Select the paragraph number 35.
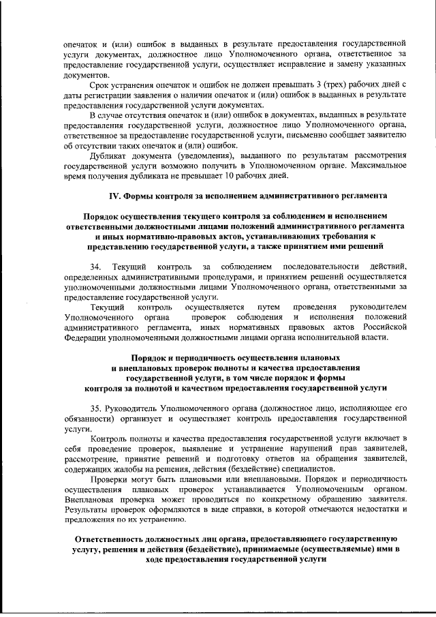pyautogui.click(x=95, y=406)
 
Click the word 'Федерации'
pyautogui.click(x=83, y=337)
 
